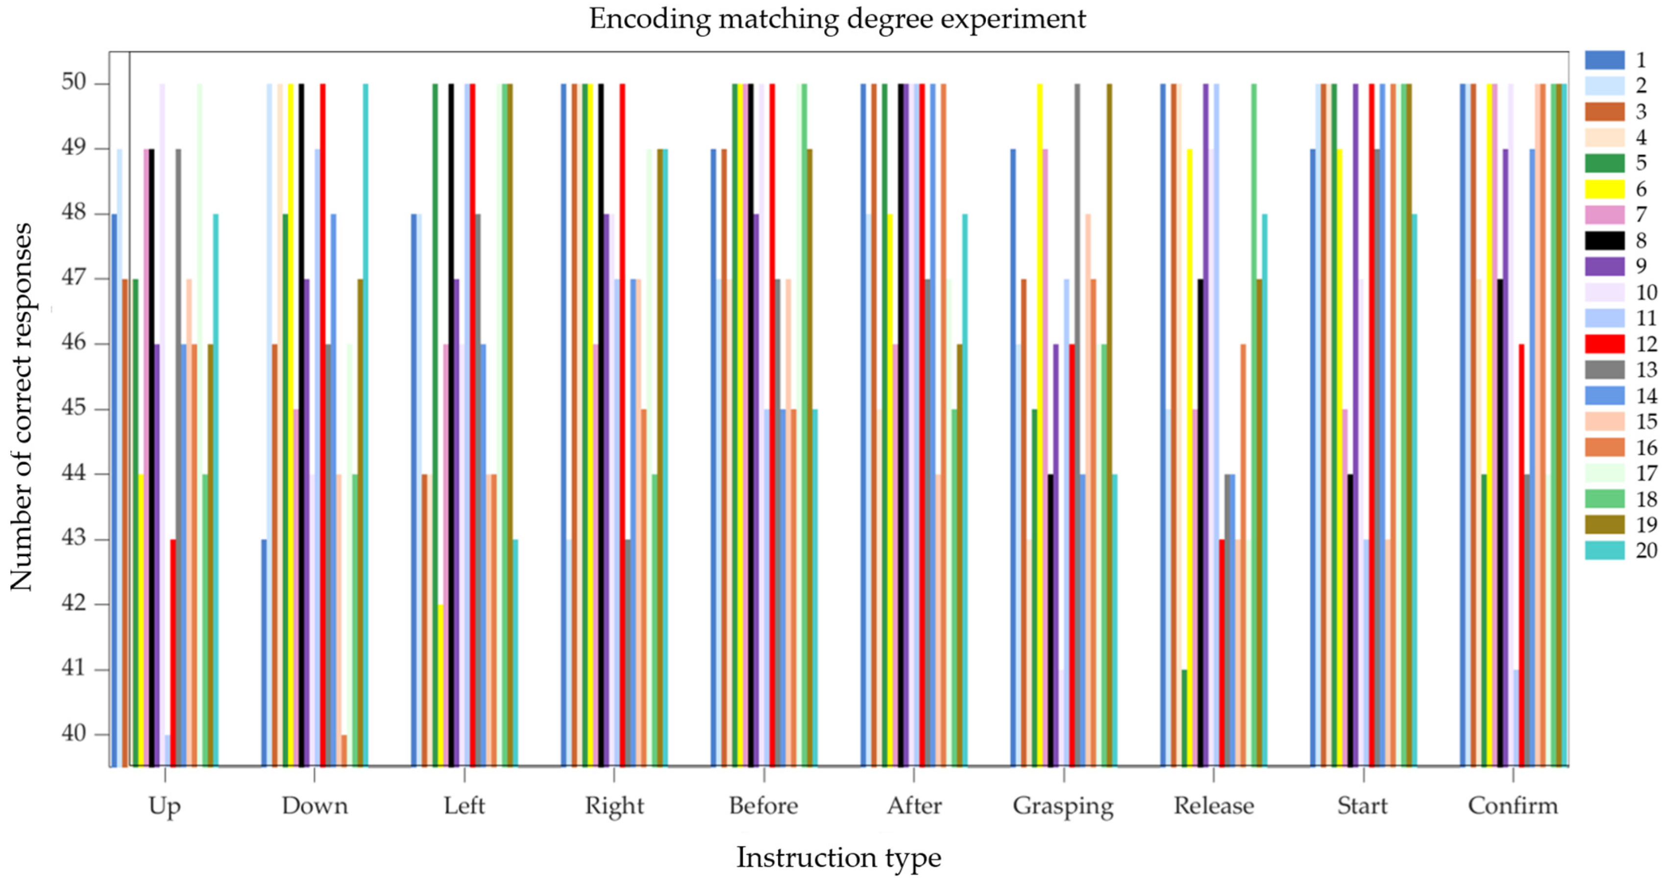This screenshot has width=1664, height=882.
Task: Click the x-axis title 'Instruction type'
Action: [838, 857]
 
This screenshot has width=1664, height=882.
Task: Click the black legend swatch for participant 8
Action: [1605, 241]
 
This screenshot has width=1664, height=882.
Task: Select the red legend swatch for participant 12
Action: [1605, 344]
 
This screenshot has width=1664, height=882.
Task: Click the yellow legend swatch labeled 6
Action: [1605, 189]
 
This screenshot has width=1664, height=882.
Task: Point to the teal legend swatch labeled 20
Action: [1605, 551]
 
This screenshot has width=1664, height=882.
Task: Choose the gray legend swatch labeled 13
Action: [1605, 369]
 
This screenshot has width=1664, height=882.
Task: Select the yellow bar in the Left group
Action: [440, 685]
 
